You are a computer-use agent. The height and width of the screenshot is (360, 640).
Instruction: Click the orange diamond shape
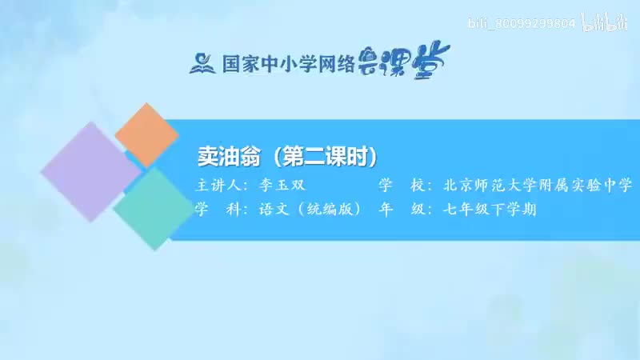click(x=146, y=135)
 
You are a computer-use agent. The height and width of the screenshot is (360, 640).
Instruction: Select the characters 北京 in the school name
click(x=454, y=186)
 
